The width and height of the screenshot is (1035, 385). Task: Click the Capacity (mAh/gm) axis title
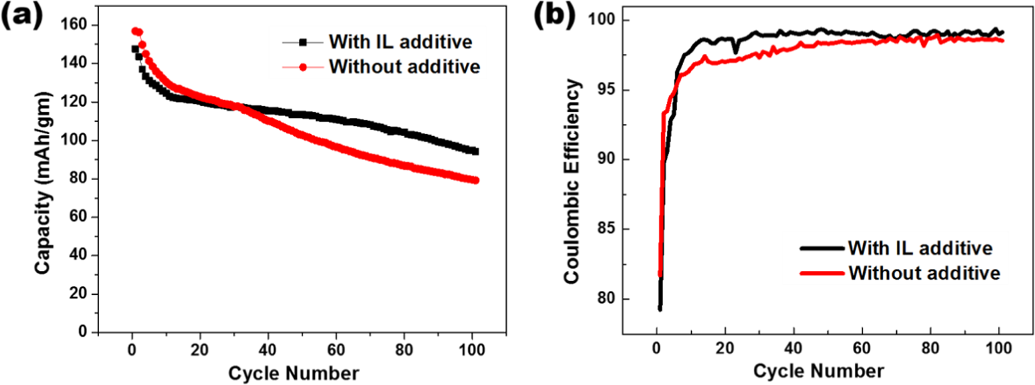(43, 184)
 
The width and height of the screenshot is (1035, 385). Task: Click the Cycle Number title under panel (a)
(294, 374)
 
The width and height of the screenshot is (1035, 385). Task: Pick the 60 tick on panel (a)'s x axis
(336, 349)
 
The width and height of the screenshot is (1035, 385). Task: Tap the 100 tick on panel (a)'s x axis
(472, 349)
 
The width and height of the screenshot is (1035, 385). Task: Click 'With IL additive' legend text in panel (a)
(400, 42)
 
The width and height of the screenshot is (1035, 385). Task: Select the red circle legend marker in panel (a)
(303, 66)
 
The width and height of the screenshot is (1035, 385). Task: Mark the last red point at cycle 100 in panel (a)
(475, 181)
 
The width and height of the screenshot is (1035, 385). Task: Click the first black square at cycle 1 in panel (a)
(135, 49)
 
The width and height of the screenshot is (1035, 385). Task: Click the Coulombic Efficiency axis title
(571, 182)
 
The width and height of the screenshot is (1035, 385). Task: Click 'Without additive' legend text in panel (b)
(924, 273)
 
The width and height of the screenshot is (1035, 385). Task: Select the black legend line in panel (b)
(822, 248)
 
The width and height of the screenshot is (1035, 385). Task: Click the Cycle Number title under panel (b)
(819, 371)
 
